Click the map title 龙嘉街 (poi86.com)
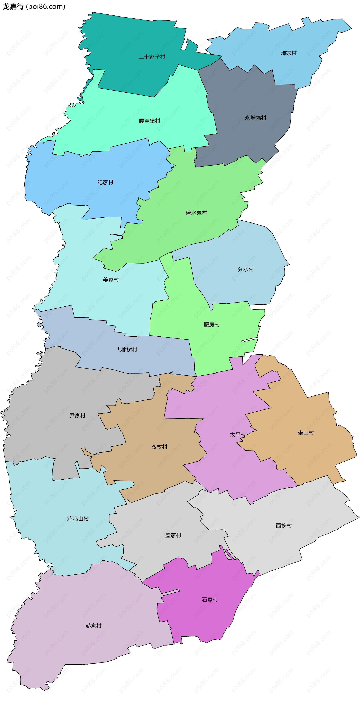tap(34, 7)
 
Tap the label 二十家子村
tap(152, 57)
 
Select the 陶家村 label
tap(289, 53)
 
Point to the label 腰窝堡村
tap(149, 121)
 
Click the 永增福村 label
tap(255, 118)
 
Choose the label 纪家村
tap(105, 182)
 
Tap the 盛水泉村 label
tap(196, 213)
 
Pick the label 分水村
tap(246, 269)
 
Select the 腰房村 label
tap(212, 324)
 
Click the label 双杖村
tap(159, 447)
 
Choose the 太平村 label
tap(238, 434)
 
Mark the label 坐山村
tap(306, 433)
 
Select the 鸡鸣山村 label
tap(78, 519)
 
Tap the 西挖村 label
tap(284, 526)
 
